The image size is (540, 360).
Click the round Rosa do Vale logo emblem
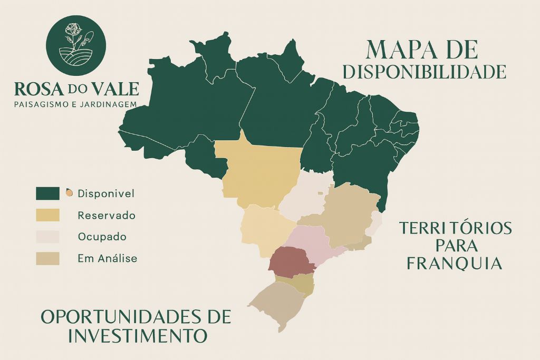[76, 46]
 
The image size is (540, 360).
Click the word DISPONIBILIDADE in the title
[424, 72]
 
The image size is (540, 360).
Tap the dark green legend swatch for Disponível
[47, 193]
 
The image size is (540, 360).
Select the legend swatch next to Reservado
[47, 215]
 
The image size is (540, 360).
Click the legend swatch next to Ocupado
[47, 237]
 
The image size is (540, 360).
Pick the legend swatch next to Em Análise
[47, 258]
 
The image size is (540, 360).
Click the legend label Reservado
[106, 216]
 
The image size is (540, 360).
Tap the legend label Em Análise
[107, 259]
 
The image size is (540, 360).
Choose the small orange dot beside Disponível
[69, 193]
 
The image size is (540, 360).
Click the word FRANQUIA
[455, 263]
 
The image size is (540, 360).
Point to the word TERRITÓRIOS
[455, 228]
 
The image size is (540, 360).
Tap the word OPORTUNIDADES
[117, 317]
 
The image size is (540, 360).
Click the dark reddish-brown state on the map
[292, 260]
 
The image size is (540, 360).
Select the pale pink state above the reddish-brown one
[308, 240]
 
